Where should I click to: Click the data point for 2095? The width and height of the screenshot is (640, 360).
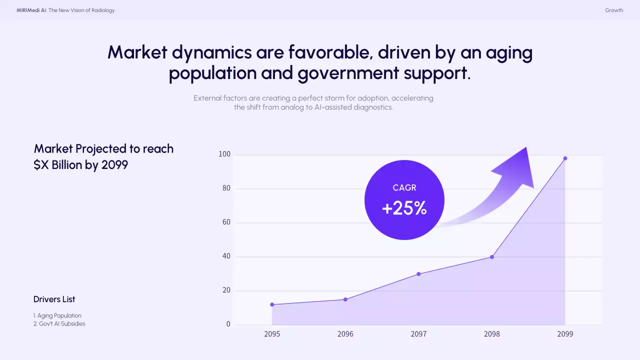272,304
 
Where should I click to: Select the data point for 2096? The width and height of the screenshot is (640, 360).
345,299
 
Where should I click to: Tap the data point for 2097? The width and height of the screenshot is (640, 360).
418,274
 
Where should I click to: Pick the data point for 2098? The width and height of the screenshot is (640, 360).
492,257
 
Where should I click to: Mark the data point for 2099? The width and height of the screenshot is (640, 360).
565,158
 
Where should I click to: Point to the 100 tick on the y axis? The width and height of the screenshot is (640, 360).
224,154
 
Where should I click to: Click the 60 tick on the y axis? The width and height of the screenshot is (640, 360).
226,222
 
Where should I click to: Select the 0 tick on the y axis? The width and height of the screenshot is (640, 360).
228,324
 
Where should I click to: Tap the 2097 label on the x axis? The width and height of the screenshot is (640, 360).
418,334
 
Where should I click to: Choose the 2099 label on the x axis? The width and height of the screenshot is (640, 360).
565,334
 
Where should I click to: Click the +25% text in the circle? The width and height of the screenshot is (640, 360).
404,208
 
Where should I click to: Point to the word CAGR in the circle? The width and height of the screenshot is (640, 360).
404,188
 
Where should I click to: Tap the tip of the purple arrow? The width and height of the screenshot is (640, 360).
526,147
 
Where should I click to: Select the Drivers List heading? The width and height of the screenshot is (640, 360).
54,299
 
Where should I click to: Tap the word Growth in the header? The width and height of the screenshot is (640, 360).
614,10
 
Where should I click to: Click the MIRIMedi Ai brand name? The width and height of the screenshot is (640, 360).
31,10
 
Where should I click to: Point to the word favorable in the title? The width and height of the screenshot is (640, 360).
328,52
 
